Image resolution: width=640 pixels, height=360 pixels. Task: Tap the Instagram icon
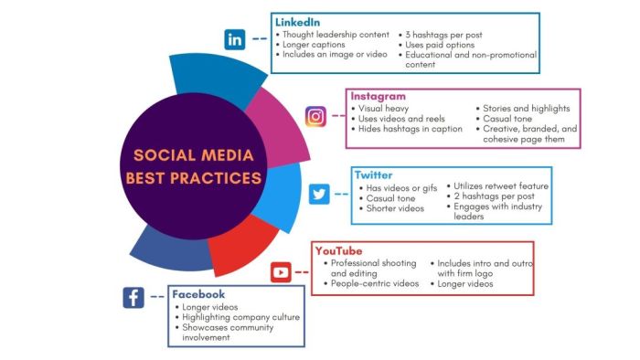(316, 116)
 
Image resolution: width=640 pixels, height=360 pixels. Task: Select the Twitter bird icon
(319, 194)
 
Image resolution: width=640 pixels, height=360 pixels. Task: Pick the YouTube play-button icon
(281, 271)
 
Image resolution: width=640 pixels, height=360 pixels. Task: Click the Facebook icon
(133, 297)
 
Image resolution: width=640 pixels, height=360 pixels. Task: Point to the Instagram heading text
(379, 96)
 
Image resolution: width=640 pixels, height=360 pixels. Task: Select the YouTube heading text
(338, 250)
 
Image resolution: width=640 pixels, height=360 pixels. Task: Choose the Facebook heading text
(198, 294)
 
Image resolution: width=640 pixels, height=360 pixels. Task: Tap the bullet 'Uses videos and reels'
(402, 119)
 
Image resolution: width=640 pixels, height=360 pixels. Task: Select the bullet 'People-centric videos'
(375, 284)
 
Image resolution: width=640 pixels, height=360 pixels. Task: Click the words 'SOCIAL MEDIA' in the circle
(193, 154)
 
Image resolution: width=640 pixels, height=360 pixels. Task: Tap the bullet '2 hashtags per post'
(495, 196)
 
